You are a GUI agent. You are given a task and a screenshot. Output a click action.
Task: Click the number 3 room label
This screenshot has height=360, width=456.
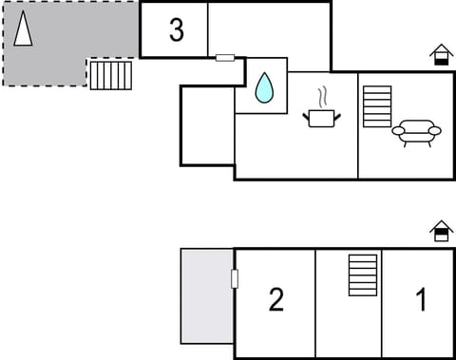pyautogui.click(x=176, y=30)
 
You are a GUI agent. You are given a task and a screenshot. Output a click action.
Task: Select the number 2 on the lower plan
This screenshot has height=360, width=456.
pyautogui.click(x=275, y=300)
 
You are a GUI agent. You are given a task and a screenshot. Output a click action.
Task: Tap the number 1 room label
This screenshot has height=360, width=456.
pyautogui.click(x=421, y=300)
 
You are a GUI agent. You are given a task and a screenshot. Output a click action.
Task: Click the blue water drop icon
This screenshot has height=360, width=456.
pyautogui.click(x=263, y=87)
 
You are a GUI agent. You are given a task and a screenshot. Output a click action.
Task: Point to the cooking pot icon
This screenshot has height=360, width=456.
pyautogui.click(x=321, y=117)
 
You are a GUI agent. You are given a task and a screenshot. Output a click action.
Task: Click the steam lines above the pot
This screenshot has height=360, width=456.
pyautogui.click(x=321, y=96)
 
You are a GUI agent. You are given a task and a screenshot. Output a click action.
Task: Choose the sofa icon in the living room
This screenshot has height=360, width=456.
pyautogui.click(x=417, y=132)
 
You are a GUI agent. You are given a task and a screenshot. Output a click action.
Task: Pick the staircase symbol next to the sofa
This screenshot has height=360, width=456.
pyautogui.click(x=377, y=106)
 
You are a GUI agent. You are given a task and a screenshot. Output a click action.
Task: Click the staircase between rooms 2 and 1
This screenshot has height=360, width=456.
pyautogui.click(x=363, y=275)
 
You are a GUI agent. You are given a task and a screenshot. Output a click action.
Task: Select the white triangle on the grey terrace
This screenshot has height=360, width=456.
pyautogui.click(x=23, y=28)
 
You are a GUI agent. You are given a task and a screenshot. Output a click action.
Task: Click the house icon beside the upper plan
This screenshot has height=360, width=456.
pyautogui.click(x=441, y=54)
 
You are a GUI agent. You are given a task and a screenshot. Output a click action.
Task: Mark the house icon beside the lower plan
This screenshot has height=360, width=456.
pyautogui.click(x=441, y=231)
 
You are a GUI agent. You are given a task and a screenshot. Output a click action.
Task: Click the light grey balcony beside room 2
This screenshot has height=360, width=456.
pyautogui.click(x=207, y=295)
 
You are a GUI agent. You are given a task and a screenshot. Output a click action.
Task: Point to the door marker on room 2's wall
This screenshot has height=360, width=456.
pyautogui.click(x=235, y=278)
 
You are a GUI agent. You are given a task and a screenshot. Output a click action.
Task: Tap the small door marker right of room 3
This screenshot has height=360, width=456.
pyautogui.click(x=225, y=58)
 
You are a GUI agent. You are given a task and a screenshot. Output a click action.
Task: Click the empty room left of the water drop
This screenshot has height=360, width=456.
pyautogui.click(x=207, y=125)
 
